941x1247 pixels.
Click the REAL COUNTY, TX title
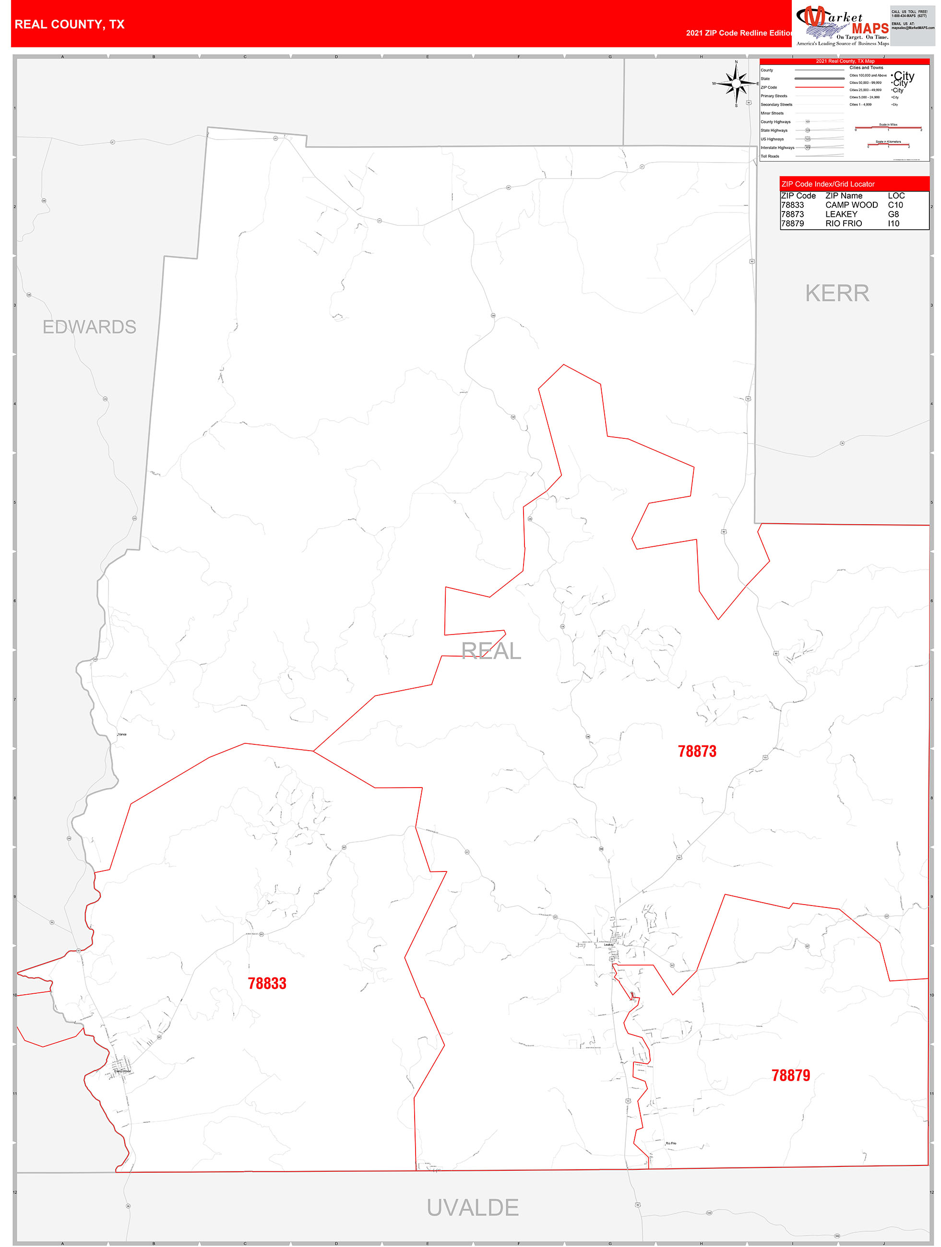(x=70, y=24)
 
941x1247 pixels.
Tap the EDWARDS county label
(x=89, y=327)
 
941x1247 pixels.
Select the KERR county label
(x=837, y=293)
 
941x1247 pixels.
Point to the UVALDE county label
(x=472, y=1208)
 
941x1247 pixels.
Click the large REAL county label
(x=491, y=651)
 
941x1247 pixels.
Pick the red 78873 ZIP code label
(x=697, y=752)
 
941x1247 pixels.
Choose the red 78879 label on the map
(x=790, y=1076)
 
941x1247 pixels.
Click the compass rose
(x=736, y=83)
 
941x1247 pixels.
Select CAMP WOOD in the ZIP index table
(x=851, y=205)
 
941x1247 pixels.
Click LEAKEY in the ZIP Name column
(x=841, y=214)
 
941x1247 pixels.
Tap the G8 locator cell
(x=893, y=214)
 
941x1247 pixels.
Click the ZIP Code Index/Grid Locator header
(x=828, y=184)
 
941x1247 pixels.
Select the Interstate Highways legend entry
(x=777, y=148)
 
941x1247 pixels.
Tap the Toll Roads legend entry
(x=770, y=156)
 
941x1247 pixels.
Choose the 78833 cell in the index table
(x=792, y=205)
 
